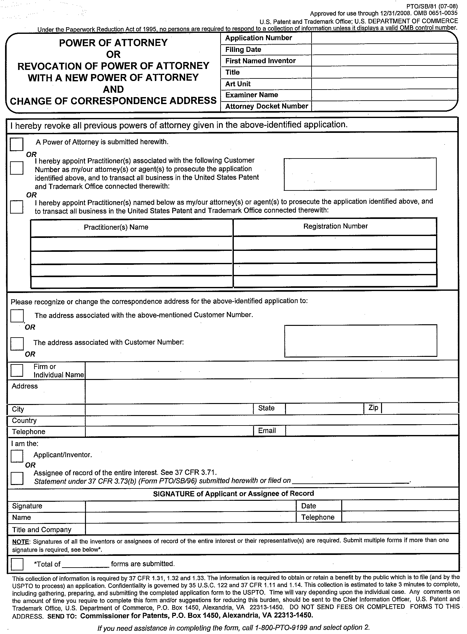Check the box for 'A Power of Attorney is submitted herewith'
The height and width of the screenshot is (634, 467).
coord(16,144)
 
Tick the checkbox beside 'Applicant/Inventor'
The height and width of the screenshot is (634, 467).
coord(17,456)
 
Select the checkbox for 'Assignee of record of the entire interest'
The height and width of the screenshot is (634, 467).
coord(17,478)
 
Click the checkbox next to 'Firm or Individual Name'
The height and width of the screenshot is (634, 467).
coord(17,370)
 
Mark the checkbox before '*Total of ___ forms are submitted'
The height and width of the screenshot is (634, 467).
coord(17,564)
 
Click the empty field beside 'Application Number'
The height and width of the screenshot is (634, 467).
coord(384,38)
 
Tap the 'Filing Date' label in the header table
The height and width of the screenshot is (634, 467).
coord(243,50)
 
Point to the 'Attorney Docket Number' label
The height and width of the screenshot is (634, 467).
coord(266,106)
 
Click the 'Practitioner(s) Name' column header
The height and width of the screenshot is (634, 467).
coord(116,227)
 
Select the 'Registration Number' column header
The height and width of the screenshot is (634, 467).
coord(335,226)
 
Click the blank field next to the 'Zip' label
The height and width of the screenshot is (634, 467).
coord(420,408)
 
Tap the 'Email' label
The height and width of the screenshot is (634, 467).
coord(267,431)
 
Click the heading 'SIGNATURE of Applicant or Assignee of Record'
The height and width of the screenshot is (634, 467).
coord(233,494)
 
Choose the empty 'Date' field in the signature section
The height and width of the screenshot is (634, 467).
coord(400,506)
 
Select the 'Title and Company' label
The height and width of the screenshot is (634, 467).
coord(41,530)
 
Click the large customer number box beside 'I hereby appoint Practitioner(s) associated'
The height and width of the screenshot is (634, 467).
coord(360,174)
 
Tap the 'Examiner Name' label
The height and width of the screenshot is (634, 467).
coord(252,95)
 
